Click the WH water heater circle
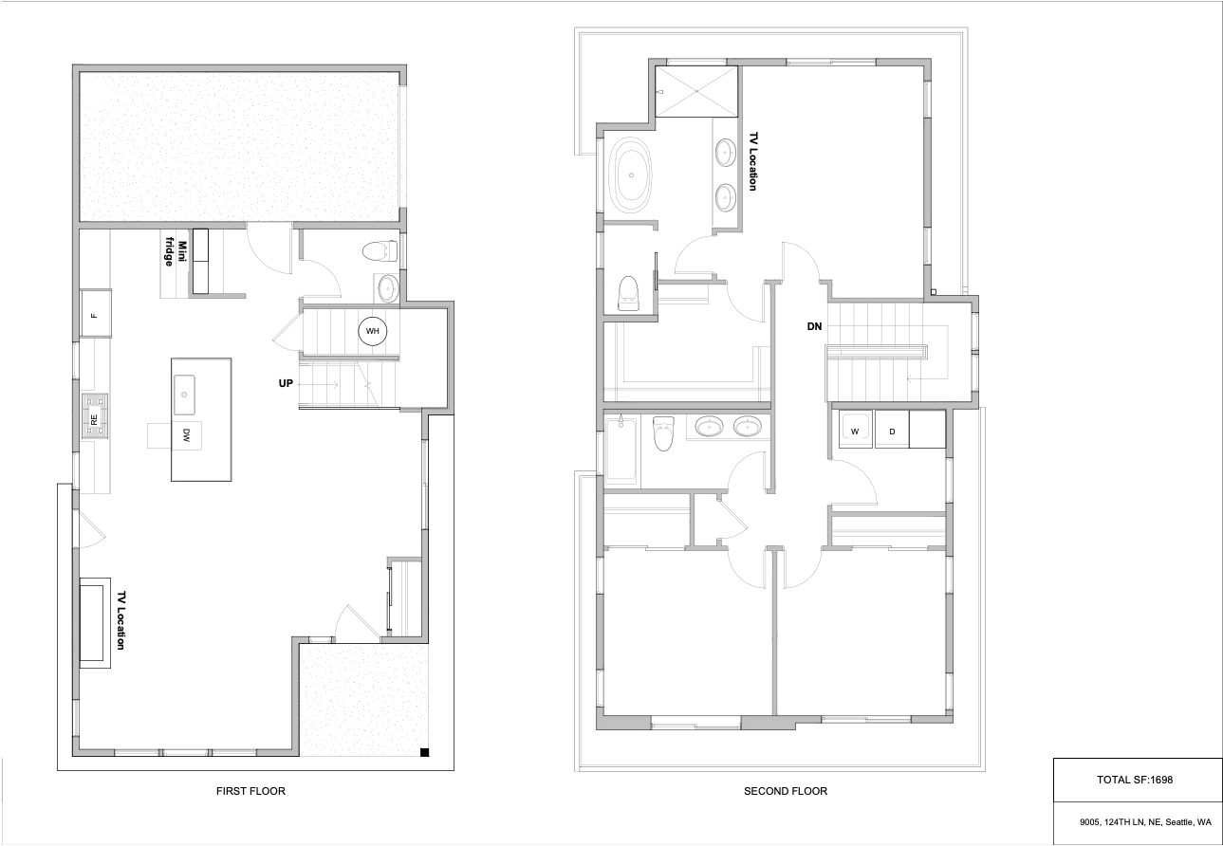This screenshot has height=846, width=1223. (x=372, y=331)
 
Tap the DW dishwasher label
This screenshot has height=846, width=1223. (x=186, y=435)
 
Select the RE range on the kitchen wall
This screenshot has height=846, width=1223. (x=95, y=416)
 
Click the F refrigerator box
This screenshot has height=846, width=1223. (x=96, y=313)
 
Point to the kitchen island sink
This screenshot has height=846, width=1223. (x=185, y=395)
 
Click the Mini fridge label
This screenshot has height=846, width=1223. (x=176, y=254)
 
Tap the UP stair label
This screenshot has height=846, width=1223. (x=286, y=383)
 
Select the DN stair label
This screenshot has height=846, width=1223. (x=814, y=326)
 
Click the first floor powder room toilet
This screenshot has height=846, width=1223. (x=380, y=250)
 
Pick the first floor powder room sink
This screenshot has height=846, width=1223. (x=388, y=287)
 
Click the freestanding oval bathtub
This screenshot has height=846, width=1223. (x=632, y=175)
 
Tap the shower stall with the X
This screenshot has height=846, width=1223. (x=696, y=91)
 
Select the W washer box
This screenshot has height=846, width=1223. (x=856, y=430)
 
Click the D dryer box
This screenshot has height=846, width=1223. (x=892, y=430)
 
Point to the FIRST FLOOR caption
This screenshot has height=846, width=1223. (x=250, y=791)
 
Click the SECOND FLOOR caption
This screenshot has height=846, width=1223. (x=785, y=791)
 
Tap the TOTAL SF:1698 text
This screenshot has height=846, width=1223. (x=1135, y=780)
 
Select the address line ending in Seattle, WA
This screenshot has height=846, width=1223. (x=1145, y=822)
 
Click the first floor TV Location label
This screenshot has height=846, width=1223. (x=121, y=620)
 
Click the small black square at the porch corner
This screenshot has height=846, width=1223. (x=425, y=753)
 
